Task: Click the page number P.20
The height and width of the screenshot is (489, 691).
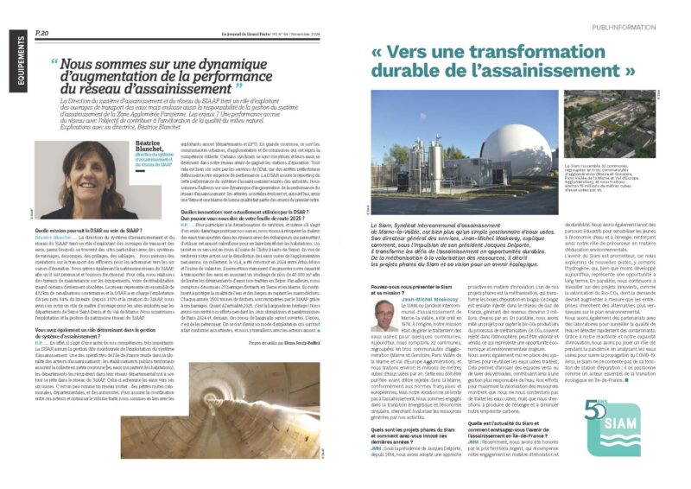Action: pos(41,33)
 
